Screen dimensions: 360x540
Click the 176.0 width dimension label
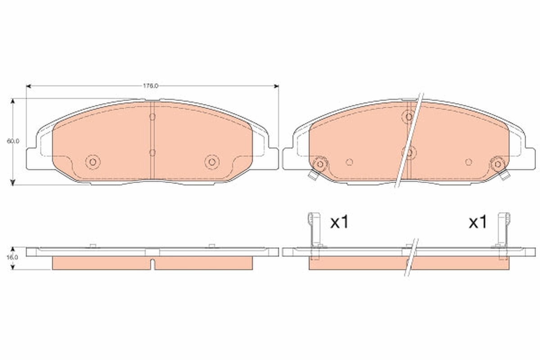pos(151,85)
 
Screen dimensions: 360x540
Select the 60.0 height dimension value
pos(13,141)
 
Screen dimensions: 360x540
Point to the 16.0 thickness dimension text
pos(13,258)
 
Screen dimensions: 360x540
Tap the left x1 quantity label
pos(339,222)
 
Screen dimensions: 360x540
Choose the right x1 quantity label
pos(477,222)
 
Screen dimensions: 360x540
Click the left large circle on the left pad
pos(93,162)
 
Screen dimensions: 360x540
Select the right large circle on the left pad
pos(211,162)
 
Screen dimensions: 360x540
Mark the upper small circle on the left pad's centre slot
pos(152,117)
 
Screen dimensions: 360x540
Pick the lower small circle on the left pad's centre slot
pos(152,153)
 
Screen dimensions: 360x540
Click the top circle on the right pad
pos(409,117)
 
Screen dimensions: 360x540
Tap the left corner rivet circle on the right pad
pos(320,164)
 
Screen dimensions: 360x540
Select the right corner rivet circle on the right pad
pos(497,164)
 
